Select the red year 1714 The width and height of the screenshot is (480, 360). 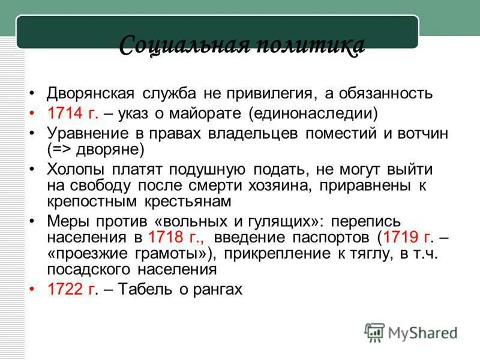point(65,113)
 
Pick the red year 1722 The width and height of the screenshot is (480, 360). point(65,289)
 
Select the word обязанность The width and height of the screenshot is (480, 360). point(390,94)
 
